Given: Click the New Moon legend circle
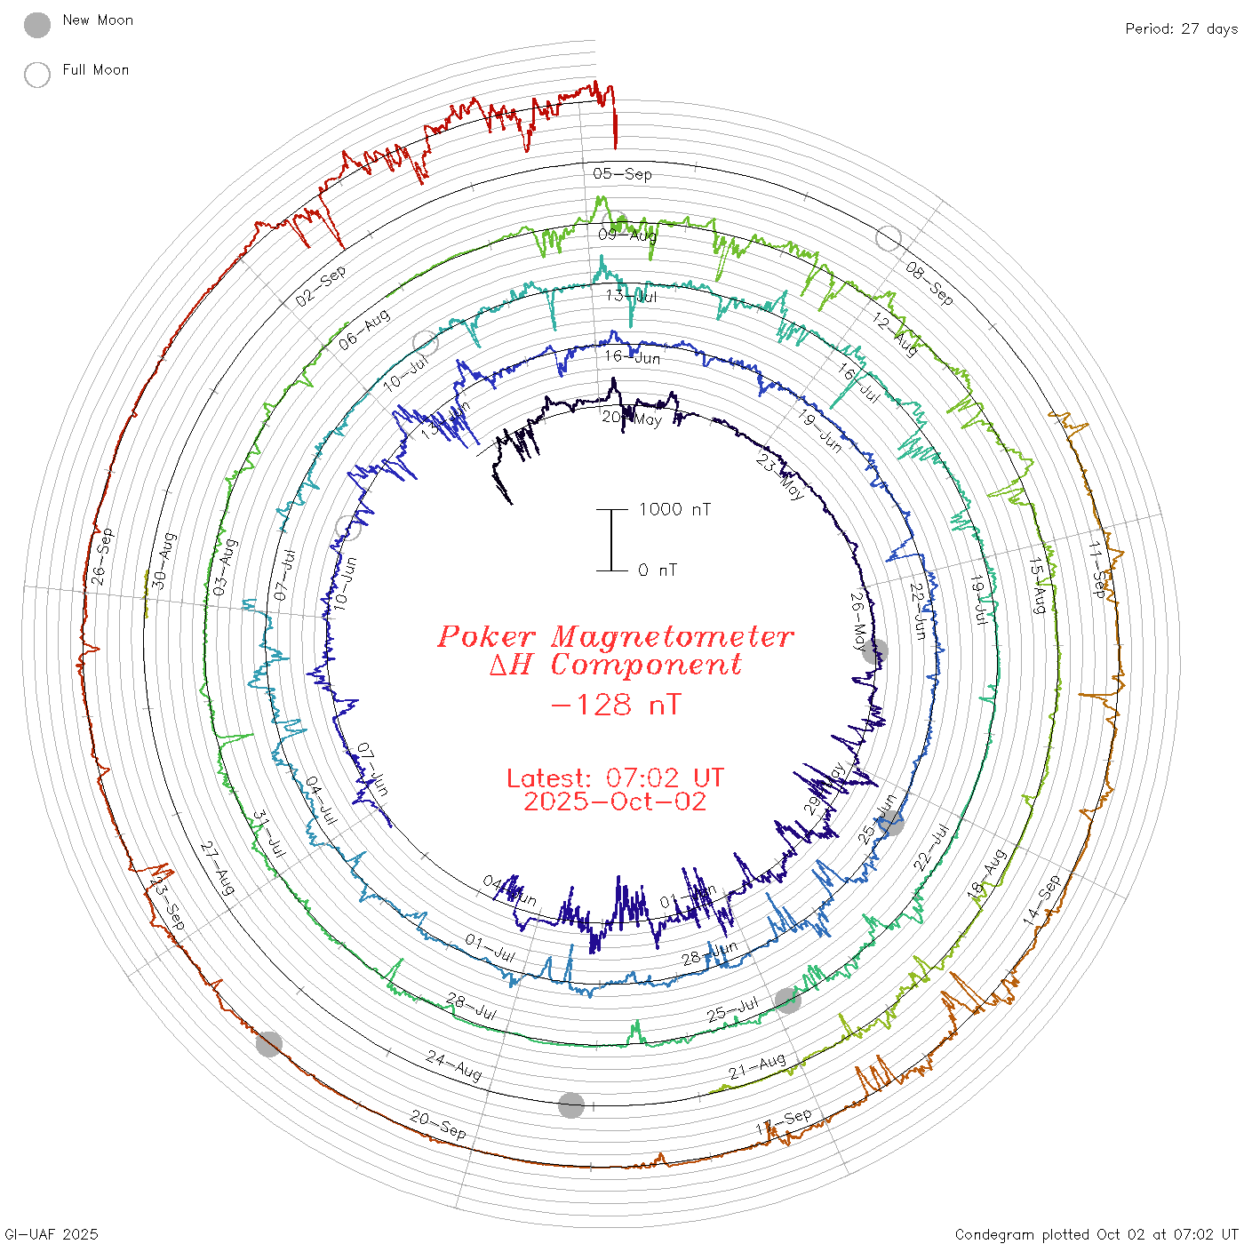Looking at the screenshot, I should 37,25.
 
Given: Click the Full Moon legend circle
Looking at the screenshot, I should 37,75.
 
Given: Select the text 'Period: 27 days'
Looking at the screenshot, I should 1181,29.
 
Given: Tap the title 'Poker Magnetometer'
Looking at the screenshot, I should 615,636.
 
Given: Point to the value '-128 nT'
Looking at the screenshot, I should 615,706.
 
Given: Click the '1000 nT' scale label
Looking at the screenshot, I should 674,509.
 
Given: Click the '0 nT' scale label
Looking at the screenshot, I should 658,570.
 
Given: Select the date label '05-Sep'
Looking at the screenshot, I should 622,174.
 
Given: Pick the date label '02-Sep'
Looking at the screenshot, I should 321,286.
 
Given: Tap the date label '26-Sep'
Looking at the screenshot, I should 102,557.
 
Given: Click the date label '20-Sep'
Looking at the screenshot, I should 438,1124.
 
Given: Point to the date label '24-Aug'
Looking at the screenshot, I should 454,1065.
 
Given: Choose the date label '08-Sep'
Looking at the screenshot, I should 929,283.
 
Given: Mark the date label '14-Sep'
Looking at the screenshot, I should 1041,900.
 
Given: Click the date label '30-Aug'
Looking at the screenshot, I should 163,560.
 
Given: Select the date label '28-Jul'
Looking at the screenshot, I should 472,1007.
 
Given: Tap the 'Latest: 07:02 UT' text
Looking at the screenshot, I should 615,778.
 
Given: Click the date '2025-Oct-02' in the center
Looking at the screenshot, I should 615,802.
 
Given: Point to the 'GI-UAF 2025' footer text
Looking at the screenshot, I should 52,1234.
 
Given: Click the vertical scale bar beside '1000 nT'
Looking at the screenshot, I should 611,539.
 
